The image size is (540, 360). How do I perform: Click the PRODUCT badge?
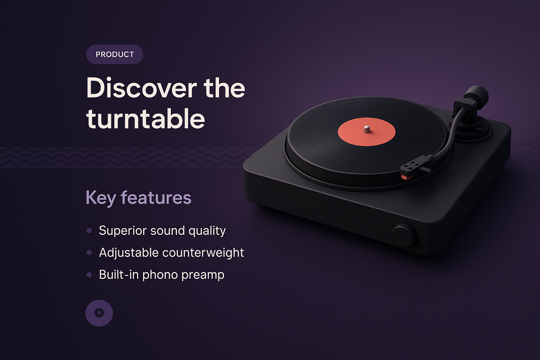click(115, 54)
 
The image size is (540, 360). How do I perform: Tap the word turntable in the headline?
click(146, 119)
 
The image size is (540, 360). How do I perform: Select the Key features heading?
click(139, 198)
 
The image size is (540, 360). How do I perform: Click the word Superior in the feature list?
click(122, 231)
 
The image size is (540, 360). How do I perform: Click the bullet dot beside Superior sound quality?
click(89, 231)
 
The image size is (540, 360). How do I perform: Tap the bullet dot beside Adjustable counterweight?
click(89, 253)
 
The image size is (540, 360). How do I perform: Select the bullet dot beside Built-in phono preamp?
click(89, 275)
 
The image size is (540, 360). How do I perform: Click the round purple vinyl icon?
click(99, 313)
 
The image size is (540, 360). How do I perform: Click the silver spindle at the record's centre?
click(367, 129)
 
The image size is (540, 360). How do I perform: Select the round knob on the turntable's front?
click(403, 234)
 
